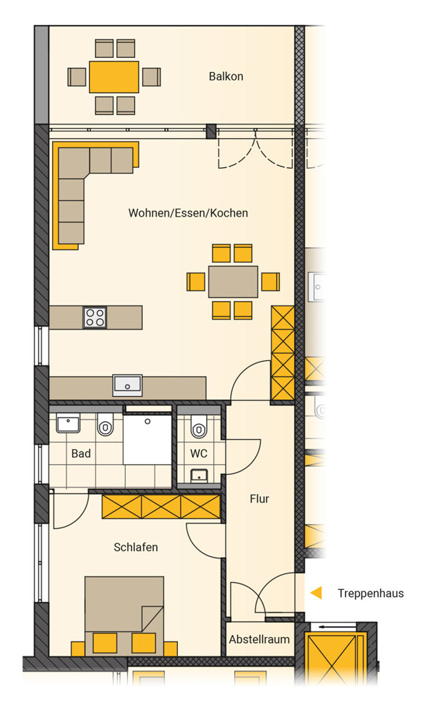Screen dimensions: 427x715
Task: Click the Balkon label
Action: [x=226, y=77]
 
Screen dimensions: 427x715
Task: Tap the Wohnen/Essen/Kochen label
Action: [x=188, y=213]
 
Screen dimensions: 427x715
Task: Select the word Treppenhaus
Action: [x=371, y=593]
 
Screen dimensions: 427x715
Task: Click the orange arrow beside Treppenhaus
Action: [x=316, y=593]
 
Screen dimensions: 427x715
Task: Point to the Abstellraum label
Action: [x=259, y=639]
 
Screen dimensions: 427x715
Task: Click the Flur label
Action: [x=259, y=499]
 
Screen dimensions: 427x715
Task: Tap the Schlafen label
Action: [x=136, y=547]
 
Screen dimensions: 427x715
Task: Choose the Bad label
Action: [x=81, y=454]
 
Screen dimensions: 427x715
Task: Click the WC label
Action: [x=199, y=454]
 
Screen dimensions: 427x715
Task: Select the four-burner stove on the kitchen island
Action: [x=95, y=317]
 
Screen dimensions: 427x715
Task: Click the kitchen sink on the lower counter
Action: [x=128, y=386]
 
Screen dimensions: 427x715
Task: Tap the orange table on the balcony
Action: [x=114, y=77]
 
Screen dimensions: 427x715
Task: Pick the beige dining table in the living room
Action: [x=233, y=282]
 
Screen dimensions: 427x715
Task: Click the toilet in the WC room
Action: [x=199, y=427]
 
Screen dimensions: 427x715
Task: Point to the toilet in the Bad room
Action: [x=105, y=425]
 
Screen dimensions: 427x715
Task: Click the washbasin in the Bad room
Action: [x=69, y=423]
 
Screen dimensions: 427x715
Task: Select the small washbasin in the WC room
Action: [x=199, y=475]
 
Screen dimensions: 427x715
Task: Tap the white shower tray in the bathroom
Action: [x=148, y=439]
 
